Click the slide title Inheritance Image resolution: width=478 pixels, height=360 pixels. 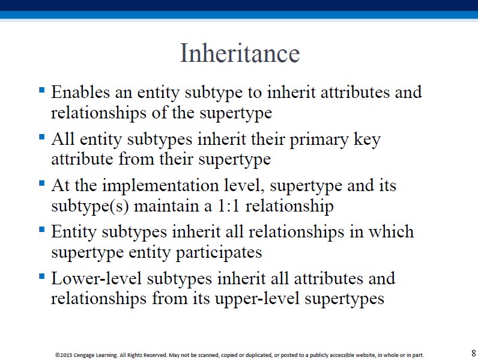(x=240, y=53)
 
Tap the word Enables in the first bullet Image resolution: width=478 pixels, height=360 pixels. (x=80, y=92)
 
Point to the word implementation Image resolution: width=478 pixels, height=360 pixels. (x=160, y=186)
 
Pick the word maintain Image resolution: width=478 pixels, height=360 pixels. (x=166, y=206)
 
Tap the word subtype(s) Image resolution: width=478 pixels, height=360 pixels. (x=90, y=207)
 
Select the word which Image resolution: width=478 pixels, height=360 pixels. (x=391, y=231)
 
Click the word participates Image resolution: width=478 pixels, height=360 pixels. (x=219, y=253)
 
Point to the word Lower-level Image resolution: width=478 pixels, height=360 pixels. (x=96, y=278)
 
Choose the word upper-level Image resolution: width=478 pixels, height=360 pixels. (x=257, y=299)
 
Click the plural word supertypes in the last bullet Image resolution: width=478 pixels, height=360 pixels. (x=345, y=299)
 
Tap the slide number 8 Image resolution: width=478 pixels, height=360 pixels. (x=473, y=353)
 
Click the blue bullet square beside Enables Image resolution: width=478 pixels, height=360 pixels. (x=42, y=90)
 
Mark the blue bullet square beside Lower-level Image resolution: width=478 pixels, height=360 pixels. (x=42, y=276)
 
